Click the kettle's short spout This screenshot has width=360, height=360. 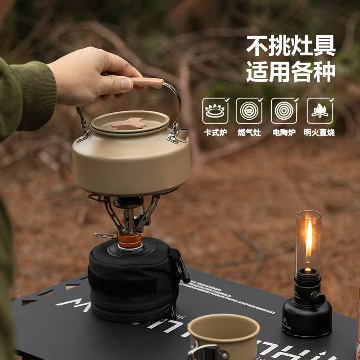pyautogui.click(x=184, y=133)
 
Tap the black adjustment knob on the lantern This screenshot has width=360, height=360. pyautogui.click(x=318, y=298)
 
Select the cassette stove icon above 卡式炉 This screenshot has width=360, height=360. pyautogui.click(x=215, y=111)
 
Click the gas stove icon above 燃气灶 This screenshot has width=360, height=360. pyautogui.click(x=249, y=111)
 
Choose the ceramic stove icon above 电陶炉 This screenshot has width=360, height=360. pyautogui.click(x=283, y=111)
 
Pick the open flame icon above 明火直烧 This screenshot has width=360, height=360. pyautogui.click(x=319, y=111)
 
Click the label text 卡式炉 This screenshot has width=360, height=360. pyautogui.click(x=215, y=132)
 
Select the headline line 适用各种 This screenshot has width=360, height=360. pyautogui.click(x=291, y=72)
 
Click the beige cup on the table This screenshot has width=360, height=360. pyautogui.click(x=224, y=335)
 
